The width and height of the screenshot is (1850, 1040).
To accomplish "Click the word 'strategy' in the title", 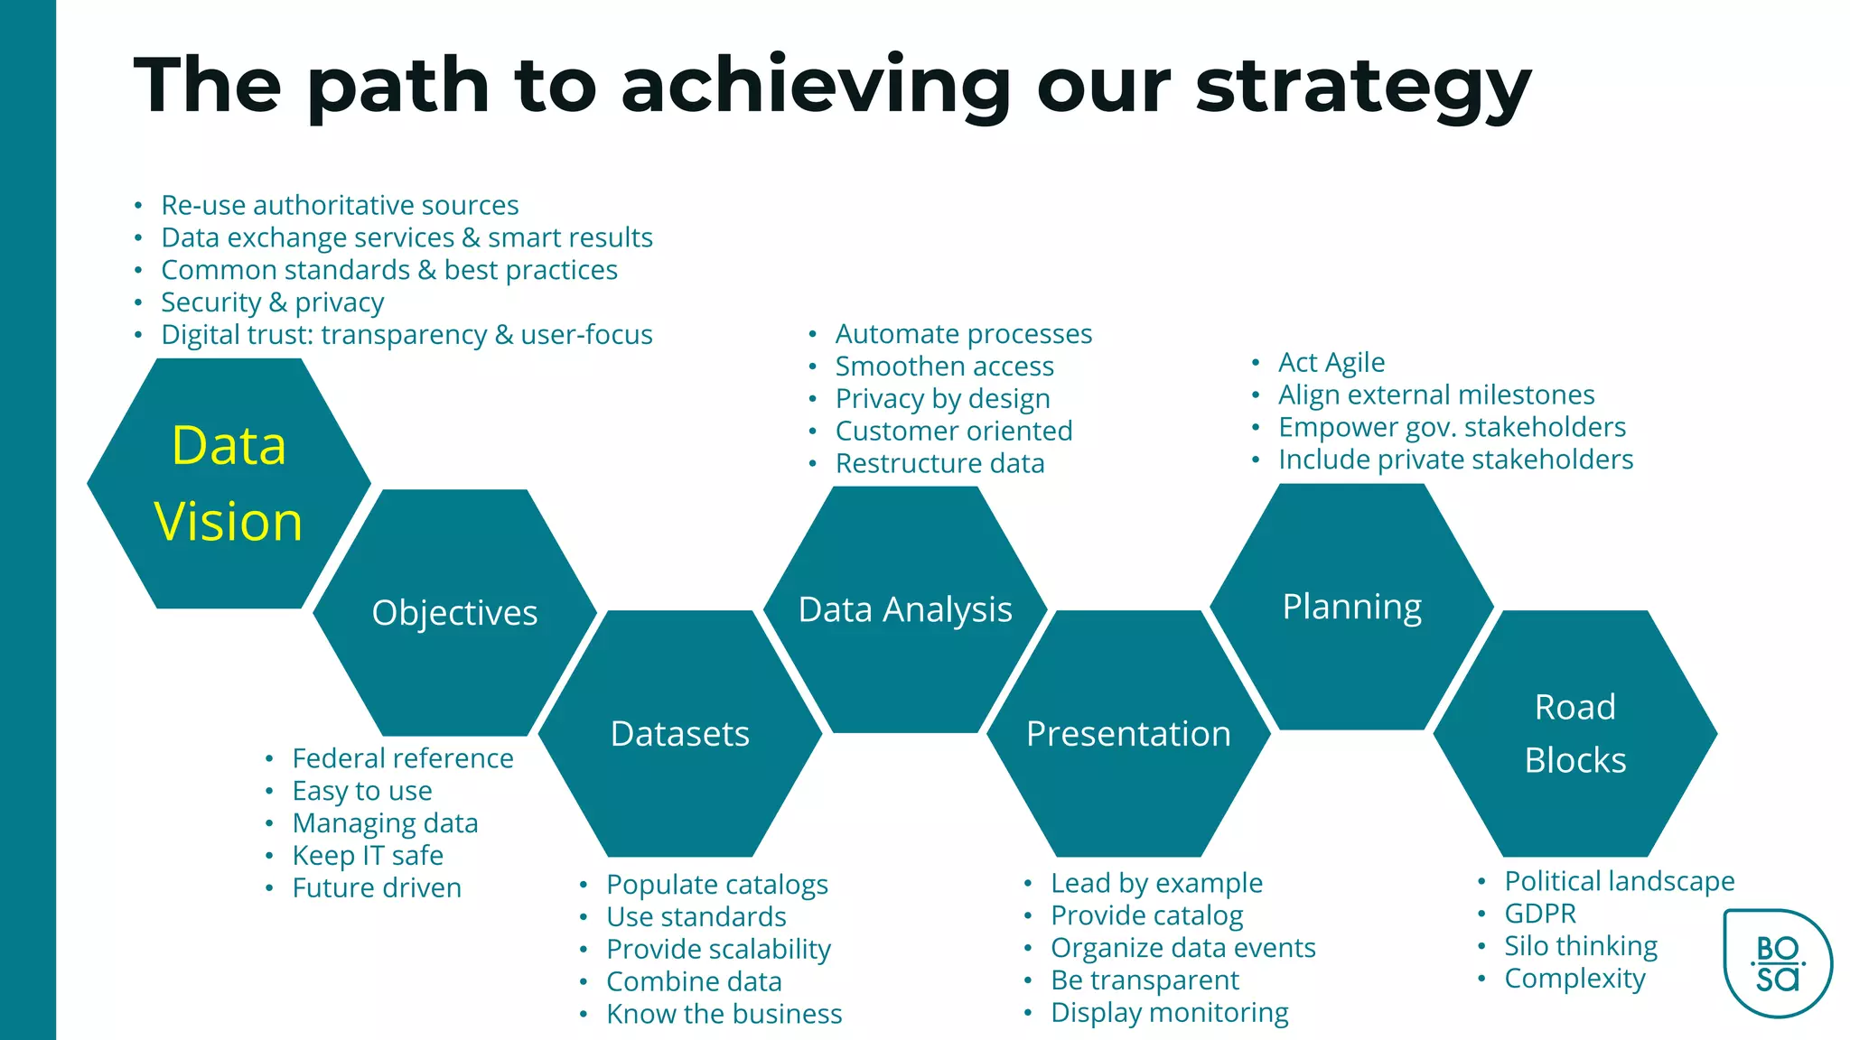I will pyautogui.click(x=1362, y=87).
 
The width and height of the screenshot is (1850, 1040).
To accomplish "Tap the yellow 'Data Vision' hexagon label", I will pyautogui.click(x=229, y=484).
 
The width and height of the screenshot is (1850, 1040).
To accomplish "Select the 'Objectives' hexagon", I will pyautogui.click(x=454, y=613).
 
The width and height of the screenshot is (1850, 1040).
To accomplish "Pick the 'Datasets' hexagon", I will pyautogui.click(x=680, y=734).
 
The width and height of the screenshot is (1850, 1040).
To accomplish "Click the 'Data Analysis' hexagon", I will pyautogui.click(x=905, y=610).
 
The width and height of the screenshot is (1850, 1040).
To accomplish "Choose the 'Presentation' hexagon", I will pyautogui.click(x=1128, y=734).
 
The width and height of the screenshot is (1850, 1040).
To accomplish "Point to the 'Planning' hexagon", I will pyautogui.click(x=1351, y=607).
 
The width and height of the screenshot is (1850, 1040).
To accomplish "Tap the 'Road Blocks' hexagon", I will pyautogui.click(x=1574, y=733).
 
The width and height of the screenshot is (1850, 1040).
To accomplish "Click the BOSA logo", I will pyautogui.click(x=1777, y=963).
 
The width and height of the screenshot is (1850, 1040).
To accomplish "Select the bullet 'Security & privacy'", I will pyautogui.click(x=272, y=302).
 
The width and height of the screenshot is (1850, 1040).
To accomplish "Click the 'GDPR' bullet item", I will pyautogui.click(x=1540, y=914).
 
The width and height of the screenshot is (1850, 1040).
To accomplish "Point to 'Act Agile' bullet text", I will pyautogui.click(x=1331, y=362).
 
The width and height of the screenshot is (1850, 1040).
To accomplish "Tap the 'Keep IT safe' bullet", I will pyautogui.click(x=368, y=855).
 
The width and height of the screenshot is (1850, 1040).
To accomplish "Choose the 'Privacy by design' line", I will pyautogui.click(x=942, y=398).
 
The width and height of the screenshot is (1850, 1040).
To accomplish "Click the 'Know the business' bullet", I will pyautogui.click(x=724, y=1014).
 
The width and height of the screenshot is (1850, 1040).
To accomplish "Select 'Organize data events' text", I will pyautogui.click(x=1182, y=948).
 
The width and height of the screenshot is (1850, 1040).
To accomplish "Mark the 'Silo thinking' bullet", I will pyautogui.click(x=1581, y=946).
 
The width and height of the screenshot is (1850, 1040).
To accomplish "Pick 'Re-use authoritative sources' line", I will pyautogui.click(x=340, y=205).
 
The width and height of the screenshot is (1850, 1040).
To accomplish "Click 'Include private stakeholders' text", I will pyautogui.click(x=1455, y=460).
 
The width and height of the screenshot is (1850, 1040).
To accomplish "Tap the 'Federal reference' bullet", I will pyautogui.click(x=403, y=758).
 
